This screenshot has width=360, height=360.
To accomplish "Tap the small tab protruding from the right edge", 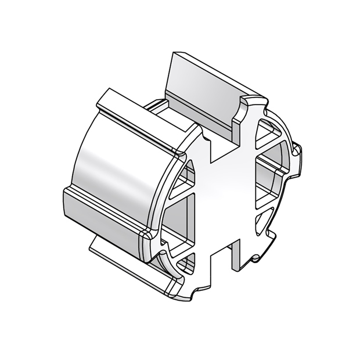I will click(297, 154).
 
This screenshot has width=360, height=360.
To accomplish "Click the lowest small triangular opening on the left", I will click(186, 264).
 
